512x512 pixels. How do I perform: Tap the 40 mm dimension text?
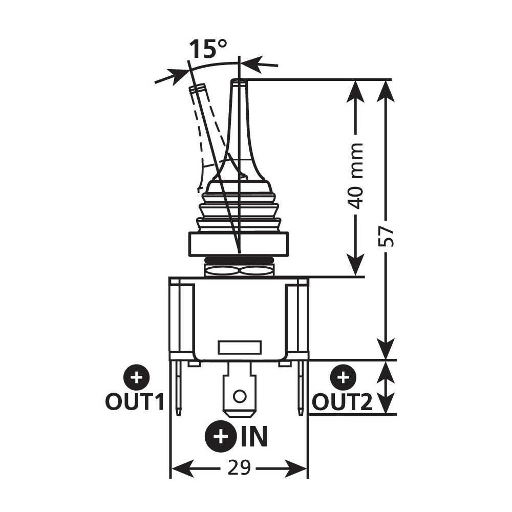pos(355,176)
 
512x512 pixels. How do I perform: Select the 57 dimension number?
pos(389,236)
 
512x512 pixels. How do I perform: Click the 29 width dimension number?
pos(239,468)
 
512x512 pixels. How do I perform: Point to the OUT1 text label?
pos(135,402)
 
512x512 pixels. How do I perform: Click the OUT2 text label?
pos(342,402)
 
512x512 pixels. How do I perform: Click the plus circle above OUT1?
pos(136,378)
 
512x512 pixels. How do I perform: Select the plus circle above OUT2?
pos(343,378)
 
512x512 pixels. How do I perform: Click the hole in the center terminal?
pos(239,395)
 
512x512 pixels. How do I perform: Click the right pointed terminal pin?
pos(301,389)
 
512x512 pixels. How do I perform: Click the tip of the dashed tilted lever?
pos(198,88)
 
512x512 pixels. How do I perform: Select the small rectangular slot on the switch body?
pos(239,348)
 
